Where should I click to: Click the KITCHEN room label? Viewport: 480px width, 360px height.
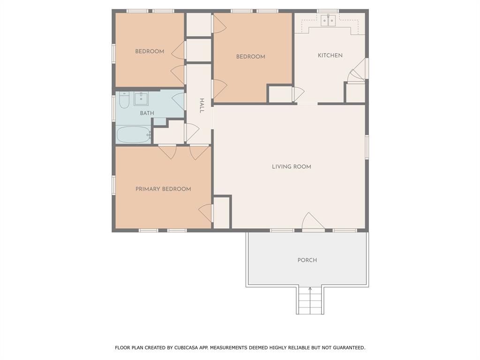(x=330, y=55)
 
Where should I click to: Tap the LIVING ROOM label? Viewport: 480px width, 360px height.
(x=292, y=167)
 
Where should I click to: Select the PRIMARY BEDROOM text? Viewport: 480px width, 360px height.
(x=163, y=189)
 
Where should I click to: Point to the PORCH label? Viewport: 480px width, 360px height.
(x=307, y=260)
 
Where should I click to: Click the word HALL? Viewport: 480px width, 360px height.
(x=202, y=105)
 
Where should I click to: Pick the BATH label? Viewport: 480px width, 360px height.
(x=147, y=113)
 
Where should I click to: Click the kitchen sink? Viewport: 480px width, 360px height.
(x=329, y=20)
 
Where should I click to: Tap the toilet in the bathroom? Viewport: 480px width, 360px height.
(x=124, y=100)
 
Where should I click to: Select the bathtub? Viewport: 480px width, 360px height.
(x=134, y=135)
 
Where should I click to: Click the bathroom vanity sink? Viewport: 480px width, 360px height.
(x=141, y=98)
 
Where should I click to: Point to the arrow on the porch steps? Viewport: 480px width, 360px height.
(x=310, y=300)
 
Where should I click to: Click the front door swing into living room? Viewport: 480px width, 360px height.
(x=313, y=221)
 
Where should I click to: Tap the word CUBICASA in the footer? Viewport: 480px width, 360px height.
(x=185, y=348)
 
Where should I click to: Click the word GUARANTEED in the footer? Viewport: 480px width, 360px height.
(x=349, y=348)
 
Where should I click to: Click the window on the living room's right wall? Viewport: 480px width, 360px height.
(x=367, y=147)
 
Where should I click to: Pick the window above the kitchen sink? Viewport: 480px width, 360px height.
(x=328, y=11)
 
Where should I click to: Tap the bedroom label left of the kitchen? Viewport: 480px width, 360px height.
(x=251, y=57)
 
